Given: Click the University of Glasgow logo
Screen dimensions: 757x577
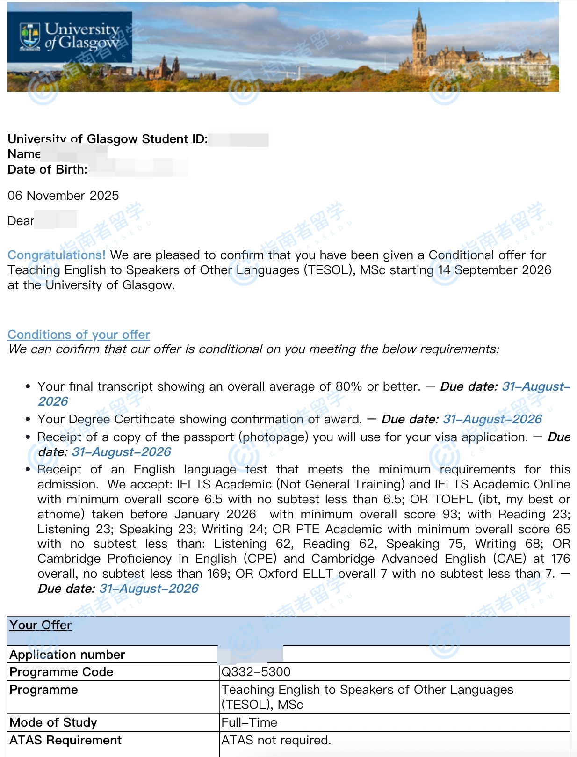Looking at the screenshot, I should click(x=70, y=37).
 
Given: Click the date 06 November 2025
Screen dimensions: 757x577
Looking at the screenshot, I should click(x=63, y=196).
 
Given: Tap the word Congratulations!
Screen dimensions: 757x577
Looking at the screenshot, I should click(x=57, y=255).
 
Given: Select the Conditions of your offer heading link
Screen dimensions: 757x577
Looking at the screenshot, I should click(x=79, y=335).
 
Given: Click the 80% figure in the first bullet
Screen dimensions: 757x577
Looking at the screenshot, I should click(x=349, y=386).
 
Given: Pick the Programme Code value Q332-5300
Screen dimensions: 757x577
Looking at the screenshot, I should click(x=256, y=672).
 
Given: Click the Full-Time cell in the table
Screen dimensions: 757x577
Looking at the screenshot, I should click(x=249, y=722).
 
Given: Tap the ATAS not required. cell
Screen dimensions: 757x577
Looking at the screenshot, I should click(x=276, y=740).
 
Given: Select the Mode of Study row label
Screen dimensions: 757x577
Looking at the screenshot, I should click(x=53, y=722).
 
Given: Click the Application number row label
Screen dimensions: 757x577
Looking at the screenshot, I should click(x=67, y=655).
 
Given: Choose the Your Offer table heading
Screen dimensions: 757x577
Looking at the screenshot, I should click(x=41, y=626).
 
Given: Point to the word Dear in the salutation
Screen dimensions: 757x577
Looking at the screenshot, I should click(x=21, y=221).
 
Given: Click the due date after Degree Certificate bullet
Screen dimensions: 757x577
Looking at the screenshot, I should click(x=492, y=419).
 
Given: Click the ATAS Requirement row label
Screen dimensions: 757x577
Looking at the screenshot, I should click(x=65, y=740).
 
